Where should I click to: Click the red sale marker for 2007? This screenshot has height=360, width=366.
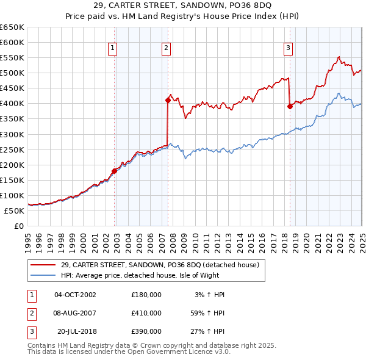click(167, 100)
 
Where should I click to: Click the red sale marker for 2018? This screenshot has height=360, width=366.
click(290, 106)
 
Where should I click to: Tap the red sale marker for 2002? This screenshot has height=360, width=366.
click(114, 171)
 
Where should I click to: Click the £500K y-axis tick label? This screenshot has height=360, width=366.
click(12, 73)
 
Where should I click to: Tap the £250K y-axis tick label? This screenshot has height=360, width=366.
click(12, 149)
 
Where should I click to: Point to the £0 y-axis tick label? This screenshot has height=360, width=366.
click(18, 226)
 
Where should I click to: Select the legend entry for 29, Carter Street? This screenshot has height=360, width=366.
click(160, 265)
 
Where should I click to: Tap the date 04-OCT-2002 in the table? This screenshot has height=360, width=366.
click(76, 295)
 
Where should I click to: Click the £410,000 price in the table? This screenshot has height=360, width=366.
click(146, 313)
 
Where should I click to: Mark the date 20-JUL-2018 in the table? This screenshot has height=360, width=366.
click(77, 332)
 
